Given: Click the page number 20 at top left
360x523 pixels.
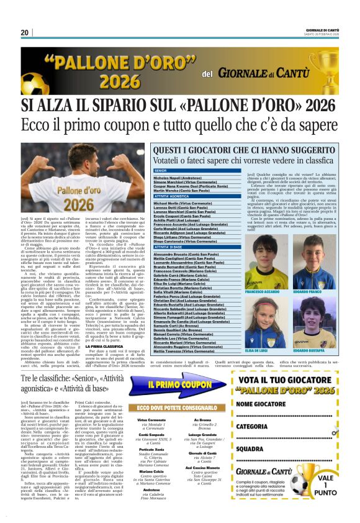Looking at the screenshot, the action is [x=25, y=32].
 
